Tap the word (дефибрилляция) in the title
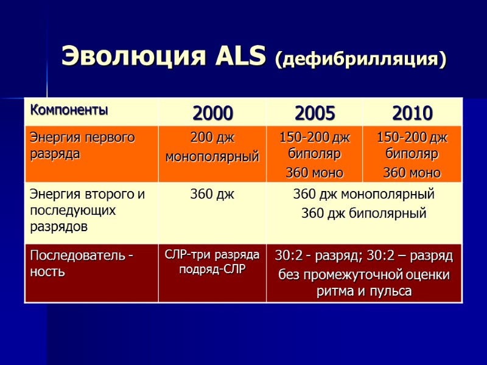360,59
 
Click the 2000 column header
212,113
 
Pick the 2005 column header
314,113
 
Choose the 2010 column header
412,113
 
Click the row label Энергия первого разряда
82,145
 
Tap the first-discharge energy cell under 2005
314,155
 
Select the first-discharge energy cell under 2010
412,155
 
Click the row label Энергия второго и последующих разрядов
87,210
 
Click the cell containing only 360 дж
212,195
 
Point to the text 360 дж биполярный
364,214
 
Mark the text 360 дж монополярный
364,195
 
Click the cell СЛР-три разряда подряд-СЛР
212,262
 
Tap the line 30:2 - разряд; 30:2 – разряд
364,255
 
